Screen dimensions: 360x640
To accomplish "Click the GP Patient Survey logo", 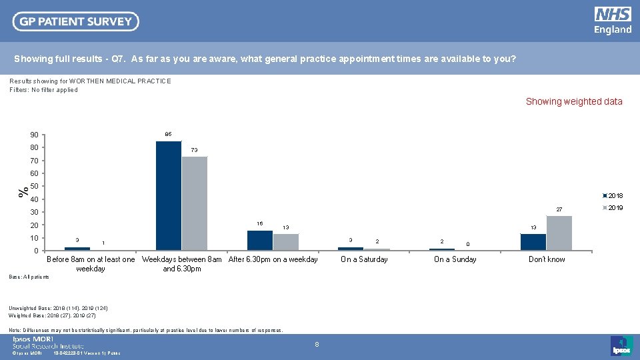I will click(x=75, y=21).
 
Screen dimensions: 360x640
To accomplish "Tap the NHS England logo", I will click(x=613, y=21).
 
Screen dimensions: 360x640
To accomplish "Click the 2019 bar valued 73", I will click(x=195, y=203).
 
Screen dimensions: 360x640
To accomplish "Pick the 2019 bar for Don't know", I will click(x=559, y=233).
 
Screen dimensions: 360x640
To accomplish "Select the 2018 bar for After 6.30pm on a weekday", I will click(x=260, y=240).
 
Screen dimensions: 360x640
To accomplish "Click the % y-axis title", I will click(x=23, y=191).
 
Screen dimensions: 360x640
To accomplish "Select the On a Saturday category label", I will click(x=364, y=259).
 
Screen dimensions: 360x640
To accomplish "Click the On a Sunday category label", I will click(x=455, y=259).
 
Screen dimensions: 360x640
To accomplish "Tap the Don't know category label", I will click(x=547, y=259).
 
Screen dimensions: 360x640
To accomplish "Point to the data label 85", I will click(x=168, y=135).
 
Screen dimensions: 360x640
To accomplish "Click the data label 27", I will click(x=560, y=209).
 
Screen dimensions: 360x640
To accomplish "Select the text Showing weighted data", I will click(x=574, y=101).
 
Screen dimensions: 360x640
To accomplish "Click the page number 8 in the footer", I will click(x=317, y=345).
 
